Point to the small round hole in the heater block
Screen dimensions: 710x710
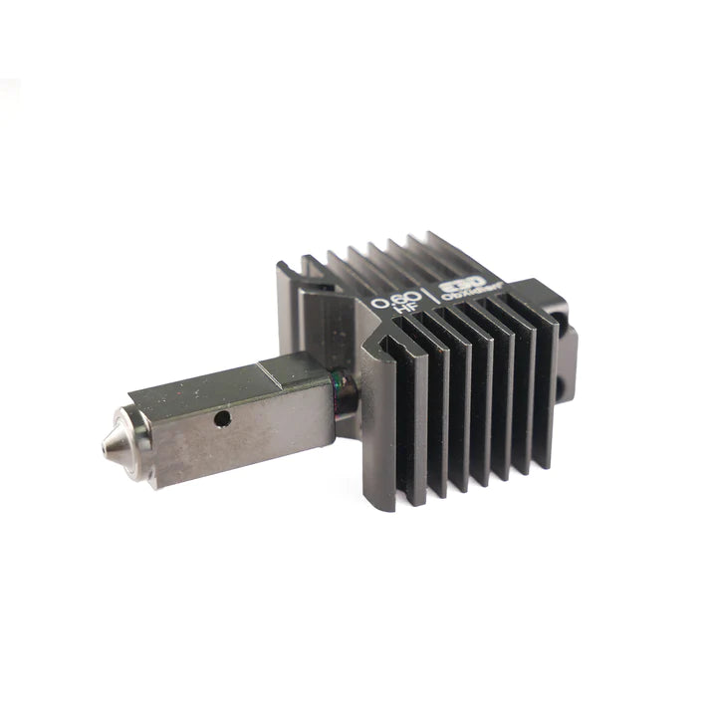[222, 419]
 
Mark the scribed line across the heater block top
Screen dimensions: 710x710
[264, 375]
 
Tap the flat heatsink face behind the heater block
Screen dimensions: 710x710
[319, 319]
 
